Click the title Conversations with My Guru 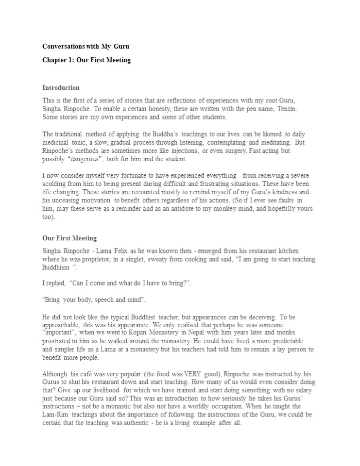pyautogui.click(x=86, y=46)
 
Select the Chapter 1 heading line pyautogui.click(x=86, y=60)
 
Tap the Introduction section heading pyautogui.click(x=61, y=88)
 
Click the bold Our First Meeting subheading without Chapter pyautogui.click(x=69, y=238)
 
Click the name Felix pyautogui.click(x=130, y=250)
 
